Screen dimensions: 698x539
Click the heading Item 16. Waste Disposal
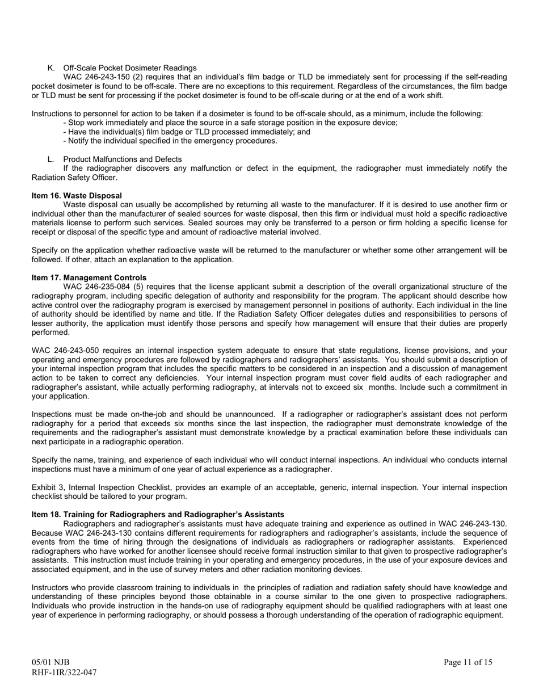pos(77,195)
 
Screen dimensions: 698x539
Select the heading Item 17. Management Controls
pos(89,277)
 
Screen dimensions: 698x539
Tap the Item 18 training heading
pos(158,514)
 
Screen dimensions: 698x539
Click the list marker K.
pos(51,68)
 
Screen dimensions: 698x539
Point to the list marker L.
pos(51,159)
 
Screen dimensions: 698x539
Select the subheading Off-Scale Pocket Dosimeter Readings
pos(130,68)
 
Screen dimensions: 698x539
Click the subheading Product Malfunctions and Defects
pos(123,159)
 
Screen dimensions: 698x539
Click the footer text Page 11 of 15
pos(468,662)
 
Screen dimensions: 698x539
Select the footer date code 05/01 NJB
pos(50,662)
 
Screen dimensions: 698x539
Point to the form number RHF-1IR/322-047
pos(64,672)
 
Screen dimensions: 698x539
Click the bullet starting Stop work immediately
pos(230,123)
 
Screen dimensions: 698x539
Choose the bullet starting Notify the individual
pos(170,141)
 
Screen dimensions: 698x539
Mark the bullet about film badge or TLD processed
pos(187,132)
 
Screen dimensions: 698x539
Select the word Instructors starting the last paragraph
pos(50,588)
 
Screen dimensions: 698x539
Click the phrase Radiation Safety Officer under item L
pos(74,178)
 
